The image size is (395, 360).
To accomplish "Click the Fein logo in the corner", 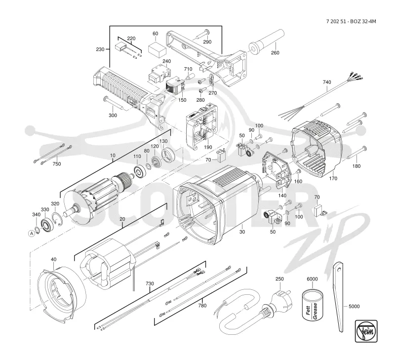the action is click(366, 331).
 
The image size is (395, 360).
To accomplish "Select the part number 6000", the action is click(312, 279).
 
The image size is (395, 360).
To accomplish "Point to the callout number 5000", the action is click(354, 306).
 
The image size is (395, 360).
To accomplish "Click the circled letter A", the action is click(32, 233).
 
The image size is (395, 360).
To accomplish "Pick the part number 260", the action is click(275, 53).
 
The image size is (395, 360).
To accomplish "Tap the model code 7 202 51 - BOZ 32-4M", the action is click(351, 21).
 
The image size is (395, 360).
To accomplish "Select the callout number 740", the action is click(327, 82).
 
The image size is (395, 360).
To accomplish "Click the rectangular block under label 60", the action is click(157, 50).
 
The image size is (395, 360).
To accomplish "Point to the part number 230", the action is click(100, 49).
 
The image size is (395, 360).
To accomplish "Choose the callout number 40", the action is click(53, 259).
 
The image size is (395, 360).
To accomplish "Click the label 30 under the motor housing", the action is click(242, 232).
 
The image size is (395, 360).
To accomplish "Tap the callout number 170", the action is click(333, 178).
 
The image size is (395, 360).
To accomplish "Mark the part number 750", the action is click(57, 164).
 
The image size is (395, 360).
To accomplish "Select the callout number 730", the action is click(150, 283).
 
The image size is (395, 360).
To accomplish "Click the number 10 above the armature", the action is click(113, 156).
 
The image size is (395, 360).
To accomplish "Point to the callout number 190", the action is click(208, 147).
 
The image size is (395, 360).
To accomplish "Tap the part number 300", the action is click(113, 115).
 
